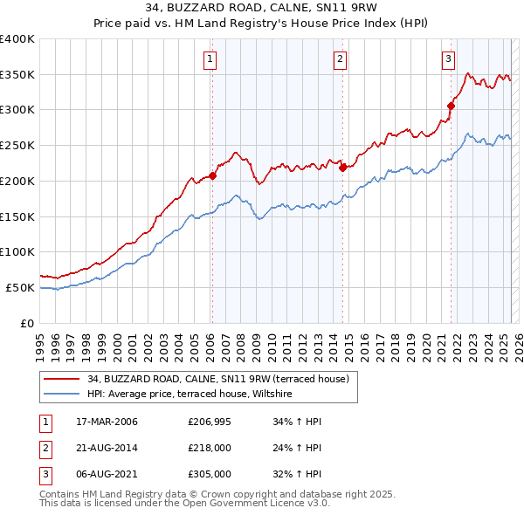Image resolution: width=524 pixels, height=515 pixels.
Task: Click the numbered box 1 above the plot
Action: [x=211, y=59]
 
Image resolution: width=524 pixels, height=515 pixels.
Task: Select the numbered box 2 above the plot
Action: [x=340, y=59]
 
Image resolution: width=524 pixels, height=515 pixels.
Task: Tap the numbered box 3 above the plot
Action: [x=448, y=59]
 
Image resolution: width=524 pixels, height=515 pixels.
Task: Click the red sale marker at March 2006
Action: [x=212, y=175]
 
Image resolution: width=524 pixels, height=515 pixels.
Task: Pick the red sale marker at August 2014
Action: [x=342, y=168]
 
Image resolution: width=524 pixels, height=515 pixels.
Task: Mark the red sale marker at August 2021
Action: [x=452, y=106]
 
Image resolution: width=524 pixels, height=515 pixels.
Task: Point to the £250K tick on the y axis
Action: [x=17, y=145]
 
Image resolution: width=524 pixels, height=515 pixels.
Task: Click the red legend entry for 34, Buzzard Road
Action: [x=217, y=379]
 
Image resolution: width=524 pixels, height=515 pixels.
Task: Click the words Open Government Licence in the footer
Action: [x=253, y=504]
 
